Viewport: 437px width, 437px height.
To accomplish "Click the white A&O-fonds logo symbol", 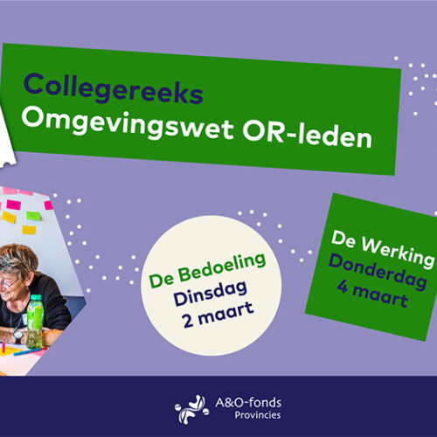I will pyautogui.click(x=191, y=408).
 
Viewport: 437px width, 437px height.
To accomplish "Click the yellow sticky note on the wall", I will pyautogui.click(x=9, y=217).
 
